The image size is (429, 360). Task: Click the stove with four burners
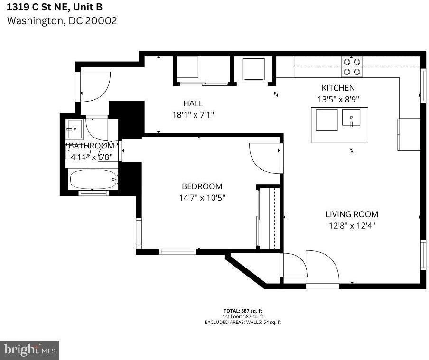[x=352, y=67]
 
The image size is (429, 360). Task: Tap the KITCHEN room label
[x=338, y=88]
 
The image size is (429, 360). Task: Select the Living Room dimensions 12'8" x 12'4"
[x=352, y=226]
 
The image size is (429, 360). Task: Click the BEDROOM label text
[x=202, y=186]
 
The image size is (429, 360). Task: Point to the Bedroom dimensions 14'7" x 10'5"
[x=202, y=198]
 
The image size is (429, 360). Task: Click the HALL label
[x=193, y=103]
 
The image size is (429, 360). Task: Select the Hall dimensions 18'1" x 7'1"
[x=193, y=115]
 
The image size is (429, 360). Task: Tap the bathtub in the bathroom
[x=93, y=179]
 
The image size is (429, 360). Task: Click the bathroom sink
[x=75, y=129]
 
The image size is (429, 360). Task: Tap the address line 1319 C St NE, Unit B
[x=54, y=7]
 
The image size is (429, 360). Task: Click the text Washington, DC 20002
[x=62, y=21]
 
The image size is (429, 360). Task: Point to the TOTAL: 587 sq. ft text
[x=242, y=311]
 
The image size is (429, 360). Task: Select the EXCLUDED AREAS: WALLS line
[x=242, y=322]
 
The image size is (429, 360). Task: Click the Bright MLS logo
[x=29, y=350]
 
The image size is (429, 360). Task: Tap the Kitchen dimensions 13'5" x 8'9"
[x=338, y=99]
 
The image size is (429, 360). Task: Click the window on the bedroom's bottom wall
[x=177, y=252]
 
